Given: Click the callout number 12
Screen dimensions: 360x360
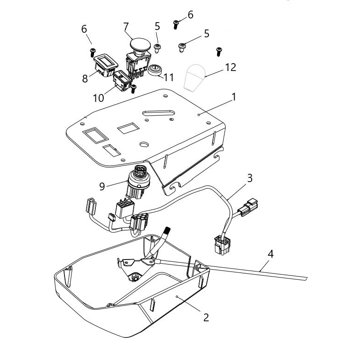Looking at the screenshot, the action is tap(230, 67).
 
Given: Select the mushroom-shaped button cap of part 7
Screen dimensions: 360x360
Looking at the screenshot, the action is tap(140, 45).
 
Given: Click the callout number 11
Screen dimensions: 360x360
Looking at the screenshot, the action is tap(169, 77).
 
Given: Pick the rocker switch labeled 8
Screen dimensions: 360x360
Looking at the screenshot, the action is tap(106, 65).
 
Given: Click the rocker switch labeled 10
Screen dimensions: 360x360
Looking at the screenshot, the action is tap(122, 81).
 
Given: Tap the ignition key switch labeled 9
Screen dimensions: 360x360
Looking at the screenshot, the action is tap(138, 182).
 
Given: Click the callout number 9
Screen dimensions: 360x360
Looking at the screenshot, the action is tap(102, 186).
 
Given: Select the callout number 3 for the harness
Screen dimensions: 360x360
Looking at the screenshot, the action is tap(249, 178).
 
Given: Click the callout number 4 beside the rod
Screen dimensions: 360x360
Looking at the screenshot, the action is tap(271, 254).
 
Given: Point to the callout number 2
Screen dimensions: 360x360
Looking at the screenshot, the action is tap(206, 317).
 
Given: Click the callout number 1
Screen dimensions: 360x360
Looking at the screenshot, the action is tap(234, 97).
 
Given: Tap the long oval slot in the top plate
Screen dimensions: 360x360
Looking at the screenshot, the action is tap(159, 113).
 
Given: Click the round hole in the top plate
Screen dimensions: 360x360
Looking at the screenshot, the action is tap(144, 144).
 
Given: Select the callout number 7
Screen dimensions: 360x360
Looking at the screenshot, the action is tap(126, 27).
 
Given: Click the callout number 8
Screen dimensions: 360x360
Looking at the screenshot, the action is tap(85, 78).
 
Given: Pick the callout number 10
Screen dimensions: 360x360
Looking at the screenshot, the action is tap(99, 98).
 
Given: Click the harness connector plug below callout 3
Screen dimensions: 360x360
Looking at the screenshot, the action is tap(248, 206).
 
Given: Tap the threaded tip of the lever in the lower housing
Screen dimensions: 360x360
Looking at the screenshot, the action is tap(168, 230).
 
